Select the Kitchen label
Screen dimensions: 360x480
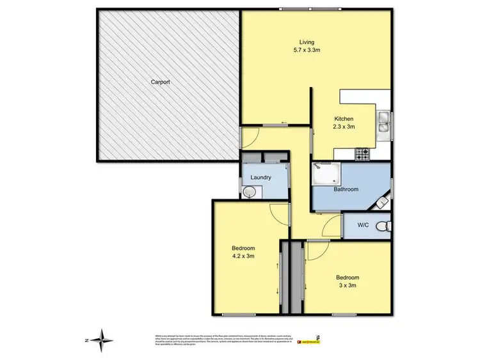pyautogui.click(x=344, y=119)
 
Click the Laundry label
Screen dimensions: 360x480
pyautogui.click(x=260, y=178)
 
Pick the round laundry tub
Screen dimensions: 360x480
pyautogui.click(x=249, y=191)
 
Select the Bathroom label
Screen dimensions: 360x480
pyautogui.click(x=346, y=189)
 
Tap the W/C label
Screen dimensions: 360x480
pyautogui.click(x=363, y=225)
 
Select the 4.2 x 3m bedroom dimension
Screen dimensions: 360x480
pyautogui.click(x=243, y=257)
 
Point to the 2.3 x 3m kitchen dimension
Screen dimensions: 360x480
pyautogui.click(x=344, y=127)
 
